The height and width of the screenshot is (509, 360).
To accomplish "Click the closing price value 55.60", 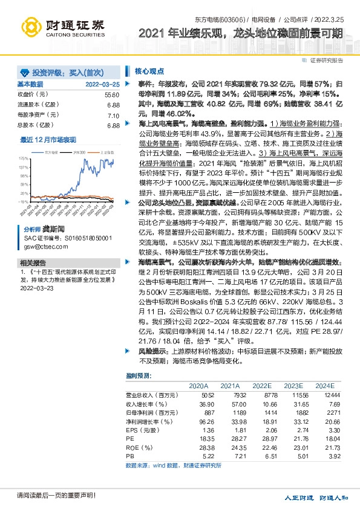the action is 112,95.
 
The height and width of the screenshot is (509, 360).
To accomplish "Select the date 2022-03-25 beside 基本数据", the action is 102,84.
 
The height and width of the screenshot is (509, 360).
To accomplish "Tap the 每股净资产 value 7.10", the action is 113,115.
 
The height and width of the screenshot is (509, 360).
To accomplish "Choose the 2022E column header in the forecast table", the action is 262,386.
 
